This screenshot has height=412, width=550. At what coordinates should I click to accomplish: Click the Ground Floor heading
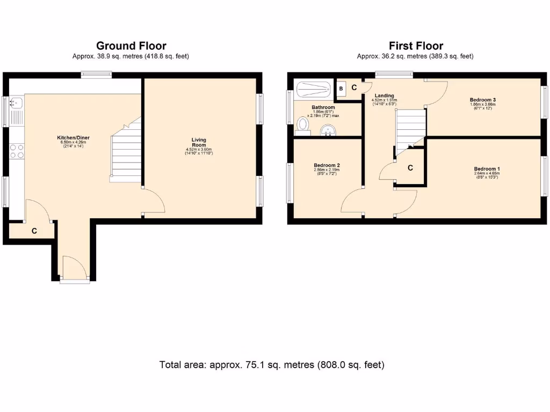(x=131, y=46)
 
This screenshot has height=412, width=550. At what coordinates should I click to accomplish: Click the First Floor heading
(x=416, y=46)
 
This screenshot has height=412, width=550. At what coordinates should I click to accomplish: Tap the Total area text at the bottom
(x=272, y=365)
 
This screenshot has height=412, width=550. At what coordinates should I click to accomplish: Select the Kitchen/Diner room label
(x=74, y=138)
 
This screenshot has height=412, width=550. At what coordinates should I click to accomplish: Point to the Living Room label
(x=199, y=143)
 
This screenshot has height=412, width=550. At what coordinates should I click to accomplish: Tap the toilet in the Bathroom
(x=303, y=124)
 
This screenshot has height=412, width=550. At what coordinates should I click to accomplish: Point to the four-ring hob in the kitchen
(x=17, y=151)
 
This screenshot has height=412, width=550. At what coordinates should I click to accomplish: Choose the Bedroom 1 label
(x=487, y=168)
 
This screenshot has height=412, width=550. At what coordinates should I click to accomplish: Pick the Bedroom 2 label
(x=327, y=165)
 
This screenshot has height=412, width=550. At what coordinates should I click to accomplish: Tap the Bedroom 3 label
(x=482, y=100)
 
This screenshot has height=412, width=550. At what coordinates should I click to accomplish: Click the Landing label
(x=384, y=96)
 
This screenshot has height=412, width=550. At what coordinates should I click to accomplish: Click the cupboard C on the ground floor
(x=33, y=231)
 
